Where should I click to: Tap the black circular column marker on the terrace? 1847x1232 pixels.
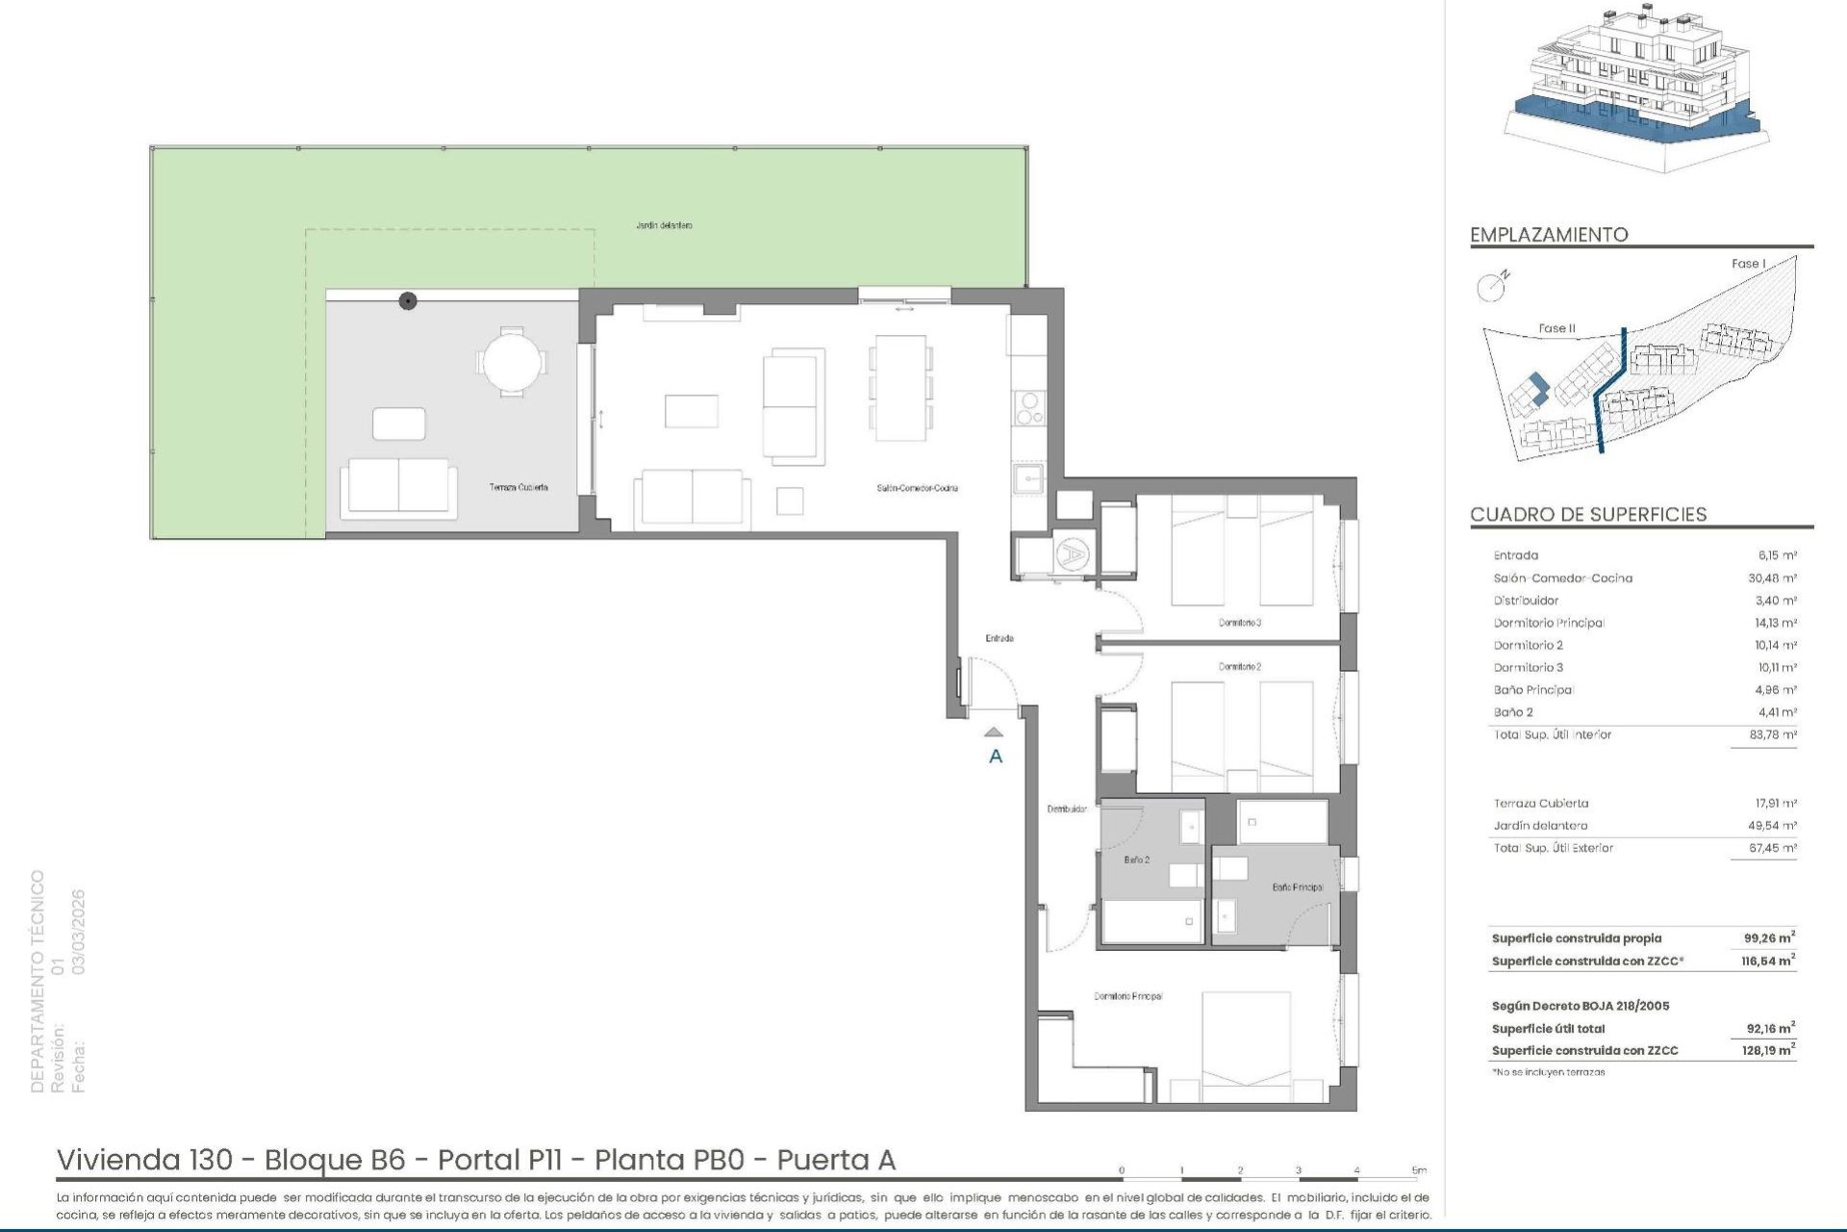[x=408, y=301]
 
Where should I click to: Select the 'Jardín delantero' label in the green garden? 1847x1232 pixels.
[x=664, y=225]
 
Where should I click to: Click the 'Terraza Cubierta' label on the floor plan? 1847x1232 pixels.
[x=519, y=488]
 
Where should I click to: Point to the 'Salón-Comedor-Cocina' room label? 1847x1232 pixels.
[x=917, y=488]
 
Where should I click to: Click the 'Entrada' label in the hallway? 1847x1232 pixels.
[x=999, y=638]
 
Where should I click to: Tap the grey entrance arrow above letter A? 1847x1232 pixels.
[x=995, y=732]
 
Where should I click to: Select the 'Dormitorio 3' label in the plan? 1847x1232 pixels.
[x=1239, y=623]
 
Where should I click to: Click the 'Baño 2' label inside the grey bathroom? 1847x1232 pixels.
[x=1136, y=860]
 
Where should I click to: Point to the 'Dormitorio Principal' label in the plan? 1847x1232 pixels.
[x=1127, y=996]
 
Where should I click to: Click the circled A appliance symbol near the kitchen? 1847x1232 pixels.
[x=1070, y=553]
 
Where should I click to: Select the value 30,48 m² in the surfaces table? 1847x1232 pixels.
[x=1775, y=578]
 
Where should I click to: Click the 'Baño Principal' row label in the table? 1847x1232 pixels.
[x=1533, y=690]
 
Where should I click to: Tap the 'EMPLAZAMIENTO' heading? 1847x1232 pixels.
[x=1549, y=235]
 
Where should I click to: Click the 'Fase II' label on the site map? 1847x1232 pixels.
[x=1556, y=328]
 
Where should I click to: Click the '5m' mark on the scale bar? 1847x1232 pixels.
[x=1419, y=1170]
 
